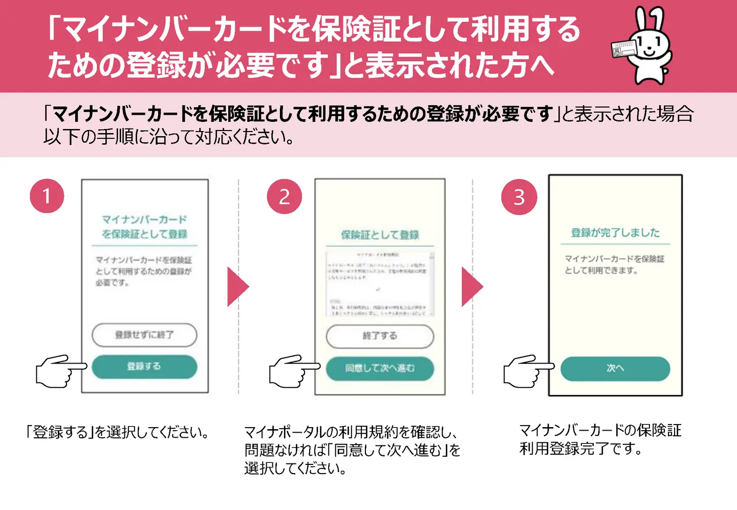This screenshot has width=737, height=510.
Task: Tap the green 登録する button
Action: click(144, 367)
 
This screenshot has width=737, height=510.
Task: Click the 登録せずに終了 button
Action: click(144, 335)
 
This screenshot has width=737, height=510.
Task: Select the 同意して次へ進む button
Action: click(380, 368)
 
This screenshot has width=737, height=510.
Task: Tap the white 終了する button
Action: click(380, 336)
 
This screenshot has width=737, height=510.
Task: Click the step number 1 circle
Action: click(47, 196)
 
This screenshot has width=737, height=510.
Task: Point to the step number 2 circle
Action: click(284, 197)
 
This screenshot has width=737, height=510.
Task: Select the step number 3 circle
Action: click(519, 197)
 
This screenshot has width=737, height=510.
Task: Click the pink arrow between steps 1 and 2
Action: click(237, 287)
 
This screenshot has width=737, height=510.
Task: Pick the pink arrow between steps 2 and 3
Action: click(471, 287)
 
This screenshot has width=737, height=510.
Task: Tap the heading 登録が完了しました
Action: click(615, 233)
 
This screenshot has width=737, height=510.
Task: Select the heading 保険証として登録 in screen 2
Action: click(380, 235)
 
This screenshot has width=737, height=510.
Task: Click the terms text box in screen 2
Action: click(380, 284)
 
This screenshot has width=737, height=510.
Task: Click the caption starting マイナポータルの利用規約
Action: click(352, 450)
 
